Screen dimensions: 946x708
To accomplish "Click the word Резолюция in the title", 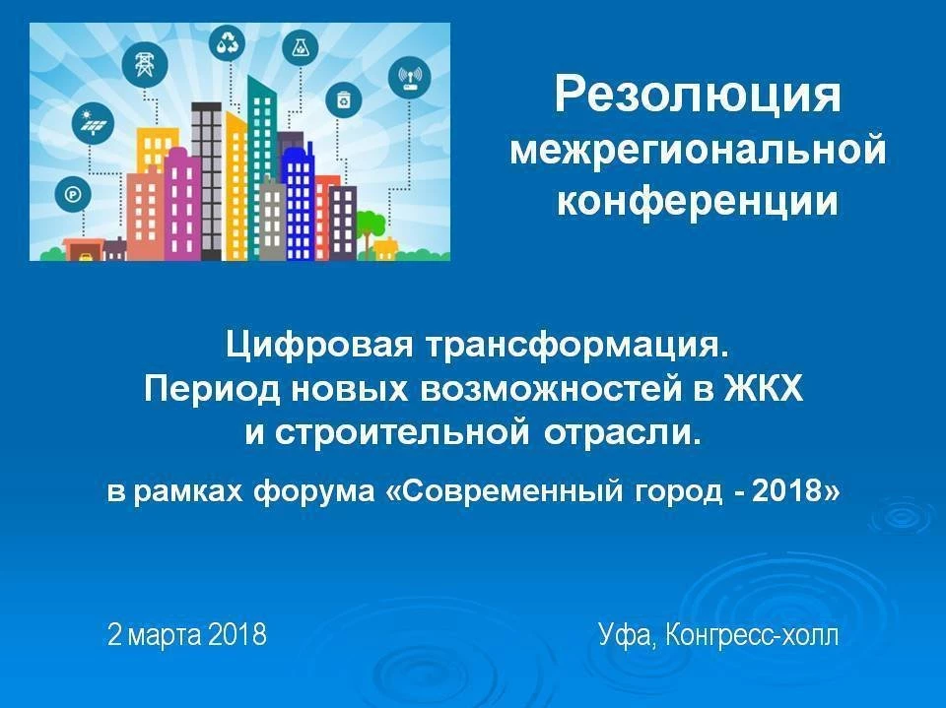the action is (x=698, y=96).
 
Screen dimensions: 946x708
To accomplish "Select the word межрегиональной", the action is (x=698, y=150).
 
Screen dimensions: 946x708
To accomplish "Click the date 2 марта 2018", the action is (x=187, y=634).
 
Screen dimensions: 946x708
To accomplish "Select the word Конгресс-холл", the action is (x=752, y=635).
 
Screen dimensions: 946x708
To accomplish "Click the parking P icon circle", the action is (x=72, y=194).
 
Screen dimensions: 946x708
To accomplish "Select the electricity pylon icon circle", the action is (x=145, y=65).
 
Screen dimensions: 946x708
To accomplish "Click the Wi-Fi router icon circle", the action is (x=410, y=78).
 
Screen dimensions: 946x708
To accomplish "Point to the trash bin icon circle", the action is (x=343, y=98).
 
